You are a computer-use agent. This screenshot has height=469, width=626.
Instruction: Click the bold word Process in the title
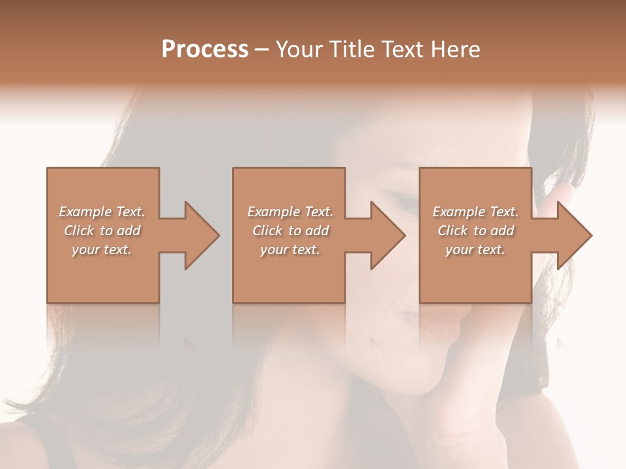point(205,50)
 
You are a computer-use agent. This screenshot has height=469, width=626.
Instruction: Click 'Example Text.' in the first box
point(102,212)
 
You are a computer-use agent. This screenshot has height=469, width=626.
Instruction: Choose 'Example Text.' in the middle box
point(290,212)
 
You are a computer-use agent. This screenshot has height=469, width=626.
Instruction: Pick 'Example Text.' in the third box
point(475,212)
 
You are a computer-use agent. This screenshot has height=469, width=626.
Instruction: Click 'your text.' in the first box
point(102,249)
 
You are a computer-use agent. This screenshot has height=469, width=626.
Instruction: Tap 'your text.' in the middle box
point(290,249)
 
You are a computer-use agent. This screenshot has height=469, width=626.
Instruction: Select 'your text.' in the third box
point(475,249)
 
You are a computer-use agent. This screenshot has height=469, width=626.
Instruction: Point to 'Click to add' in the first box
point(102,231)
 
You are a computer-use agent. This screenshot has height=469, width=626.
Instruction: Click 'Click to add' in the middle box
point(290,231)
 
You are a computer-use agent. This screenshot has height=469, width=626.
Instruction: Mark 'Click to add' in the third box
point(475,231)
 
